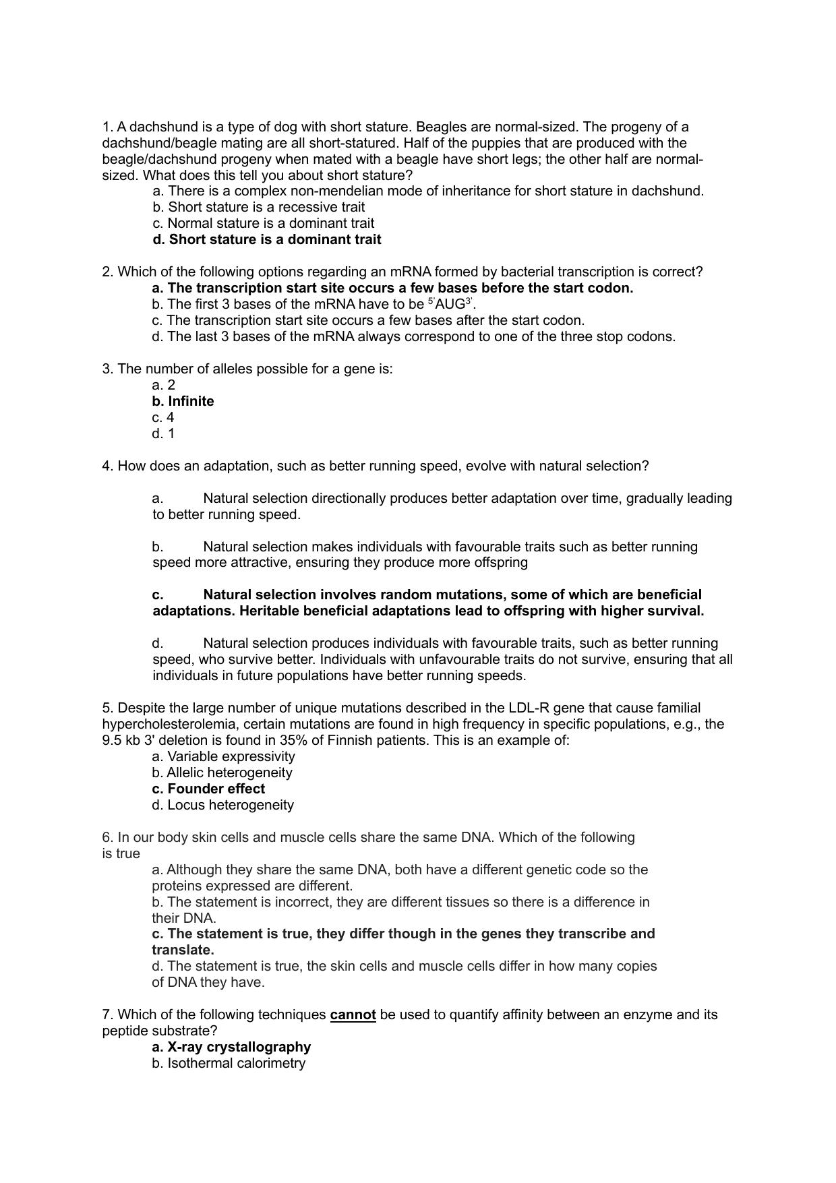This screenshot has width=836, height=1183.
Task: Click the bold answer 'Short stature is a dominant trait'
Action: pos(267,239)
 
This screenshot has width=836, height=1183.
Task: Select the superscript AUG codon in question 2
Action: pos(450,304)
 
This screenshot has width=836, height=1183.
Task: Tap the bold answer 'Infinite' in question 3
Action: pos(183,401)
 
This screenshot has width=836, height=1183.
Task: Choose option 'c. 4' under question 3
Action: pos(163,417)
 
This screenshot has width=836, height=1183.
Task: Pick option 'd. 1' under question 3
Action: pos(163,433)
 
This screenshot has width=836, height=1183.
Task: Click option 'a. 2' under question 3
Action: pos(163,385)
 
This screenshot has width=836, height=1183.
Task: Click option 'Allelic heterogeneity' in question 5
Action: pos(222,772)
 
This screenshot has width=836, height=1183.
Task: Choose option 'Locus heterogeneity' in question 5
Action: pos(223,805)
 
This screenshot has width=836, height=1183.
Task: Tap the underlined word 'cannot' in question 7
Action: pos(353,1014)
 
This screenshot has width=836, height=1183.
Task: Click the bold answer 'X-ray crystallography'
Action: pos(231,1047)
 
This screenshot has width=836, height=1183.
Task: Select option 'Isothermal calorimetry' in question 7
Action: pos(229,1063)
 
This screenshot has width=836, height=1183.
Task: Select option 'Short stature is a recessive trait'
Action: pos(259,207)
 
